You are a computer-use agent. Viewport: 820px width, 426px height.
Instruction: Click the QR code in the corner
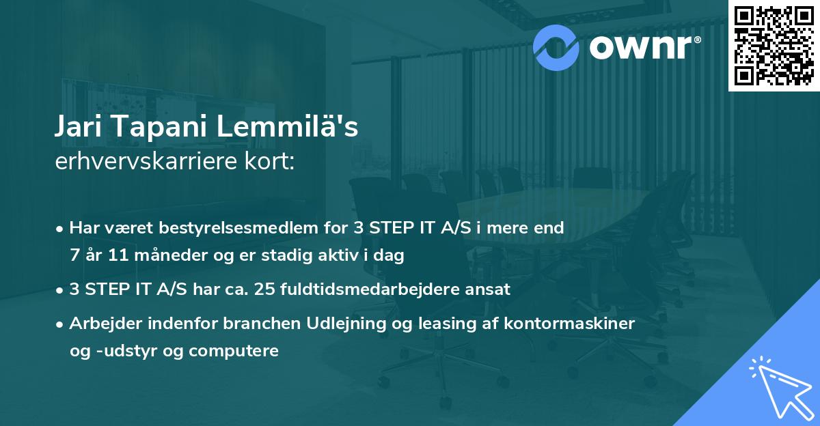[774, 46]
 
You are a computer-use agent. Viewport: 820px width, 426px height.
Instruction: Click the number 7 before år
[74, 256]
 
